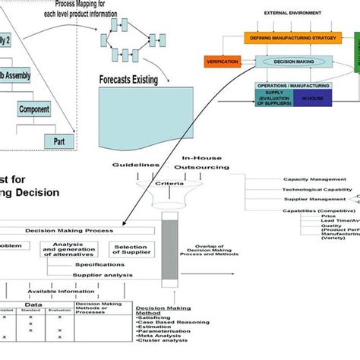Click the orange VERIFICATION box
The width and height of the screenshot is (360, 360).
point(223,62)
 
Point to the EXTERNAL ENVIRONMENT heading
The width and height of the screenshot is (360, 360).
point(292,13)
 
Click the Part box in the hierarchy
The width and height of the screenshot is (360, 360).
point(59,141)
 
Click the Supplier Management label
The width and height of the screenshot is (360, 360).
point(308,200)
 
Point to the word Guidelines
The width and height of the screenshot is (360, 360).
point(136,164)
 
